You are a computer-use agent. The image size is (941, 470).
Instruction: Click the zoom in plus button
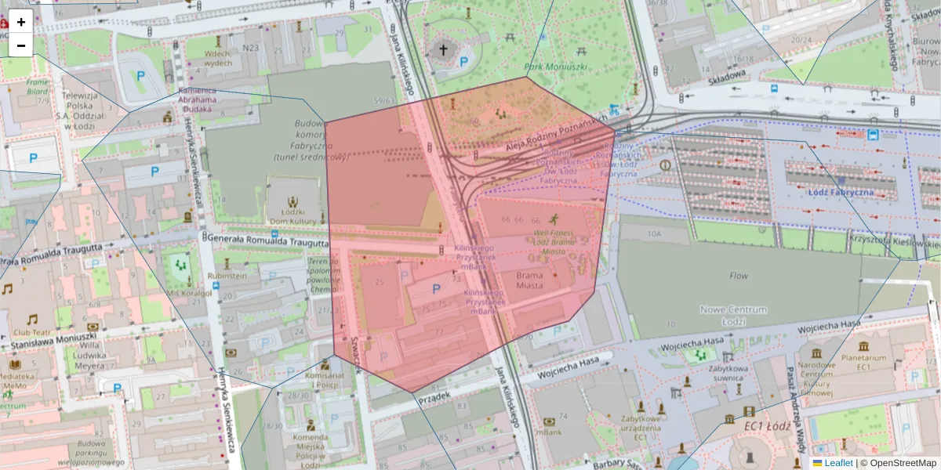click(x=21, y=22)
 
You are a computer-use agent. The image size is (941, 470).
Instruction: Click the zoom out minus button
click(x=21, y=45)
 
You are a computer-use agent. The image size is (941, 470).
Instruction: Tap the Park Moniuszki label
click(x=556, y=67)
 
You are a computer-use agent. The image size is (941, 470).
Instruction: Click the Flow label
click(x=739, y=276)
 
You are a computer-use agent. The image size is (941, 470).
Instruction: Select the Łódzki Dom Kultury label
click(x=292, y=216)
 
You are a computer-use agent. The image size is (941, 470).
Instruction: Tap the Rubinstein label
click(x=228, y=276)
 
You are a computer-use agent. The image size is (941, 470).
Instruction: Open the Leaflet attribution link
click(x=838, y=463)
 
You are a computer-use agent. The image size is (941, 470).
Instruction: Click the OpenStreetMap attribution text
click(x=903, y=463)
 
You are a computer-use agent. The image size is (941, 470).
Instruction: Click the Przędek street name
click(x=434, y=398)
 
